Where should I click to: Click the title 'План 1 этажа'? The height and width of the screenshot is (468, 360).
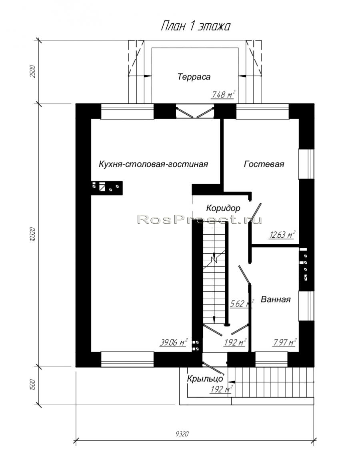click(x=195, y=26)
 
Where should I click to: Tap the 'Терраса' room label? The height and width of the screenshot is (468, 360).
click(x=194, y=77)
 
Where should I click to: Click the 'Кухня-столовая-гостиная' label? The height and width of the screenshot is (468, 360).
click(x=153, y=164)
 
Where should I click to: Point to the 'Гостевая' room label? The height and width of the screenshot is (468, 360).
click(x=264, y=164)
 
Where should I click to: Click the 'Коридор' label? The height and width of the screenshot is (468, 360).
click(x=223, y=208)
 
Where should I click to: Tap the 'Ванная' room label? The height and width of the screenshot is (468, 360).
click(x=276, y=299)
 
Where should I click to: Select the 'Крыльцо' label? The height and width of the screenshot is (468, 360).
click(x=205, y=379)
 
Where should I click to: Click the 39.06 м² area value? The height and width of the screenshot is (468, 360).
click(x=174, y=343)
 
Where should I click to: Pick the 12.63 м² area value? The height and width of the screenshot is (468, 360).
click(x=282, y=235)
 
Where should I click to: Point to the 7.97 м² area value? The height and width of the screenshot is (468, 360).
click(x=285, y=343)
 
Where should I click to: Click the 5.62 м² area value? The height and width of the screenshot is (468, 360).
click(x=241, y=304)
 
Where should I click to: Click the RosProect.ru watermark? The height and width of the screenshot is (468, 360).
click(x=200, y=220)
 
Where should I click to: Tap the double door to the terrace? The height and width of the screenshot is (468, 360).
click(x=195, y=111)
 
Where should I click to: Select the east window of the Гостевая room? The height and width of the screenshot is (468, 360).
click(x=306, y=163)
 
